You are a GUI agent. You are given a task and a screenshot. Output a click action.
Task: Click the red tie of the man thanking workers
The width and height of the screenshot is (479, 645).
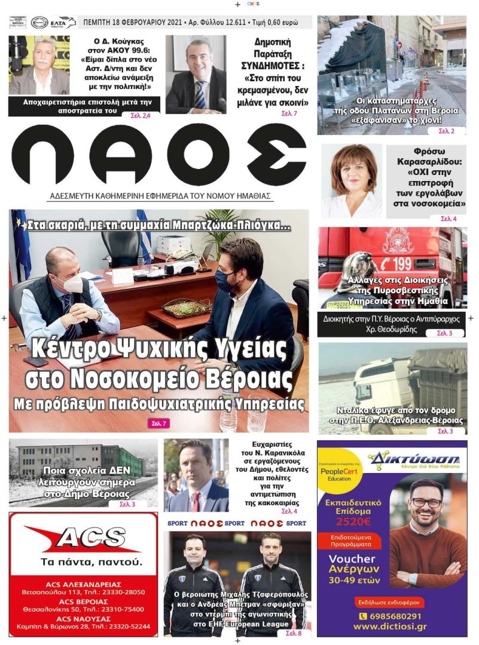click(196, 500)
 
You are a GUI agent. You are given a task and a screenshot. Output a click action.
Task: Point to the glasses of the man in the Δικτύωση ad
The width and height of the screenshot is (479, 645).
click(426, 502)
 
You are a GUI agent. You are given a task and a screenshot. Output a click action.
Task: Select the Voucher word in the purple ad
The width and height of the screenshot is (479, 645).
click(352, 560)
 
